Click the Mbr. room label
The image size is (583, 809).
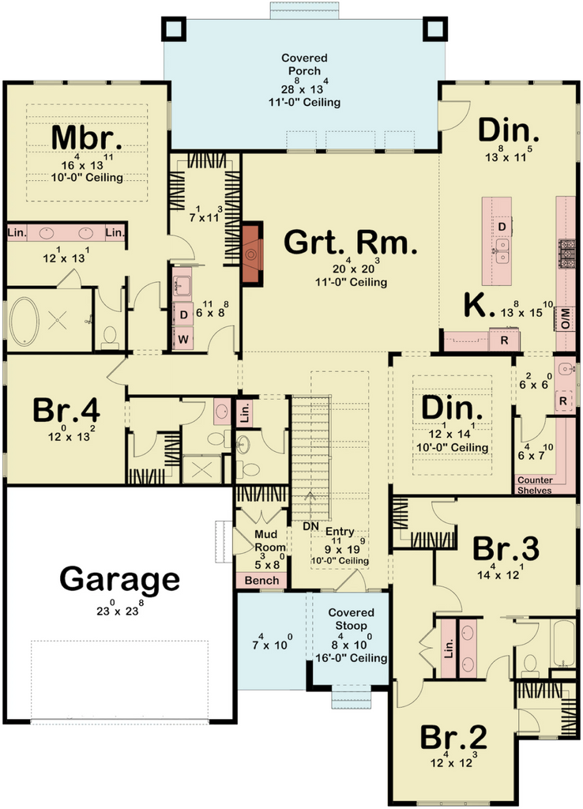coord(87,137)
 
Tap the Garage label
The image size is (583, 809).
coord(120,580)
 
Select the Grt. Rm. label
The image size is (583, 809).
coord(351,243)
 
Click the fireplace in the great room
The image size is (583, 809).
coord(252,254)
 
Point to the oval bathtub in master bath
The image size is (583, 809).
coord(24,321)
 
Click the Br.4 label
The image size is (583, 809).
coord(66,411)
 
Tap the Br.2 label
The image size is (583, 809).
coord(453,737)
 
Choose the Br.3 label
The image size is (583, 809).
coord(506,549)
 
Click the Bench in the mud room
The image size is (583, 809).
coord(261,581)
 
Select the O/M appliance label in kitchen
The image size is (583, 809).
coord(566,318)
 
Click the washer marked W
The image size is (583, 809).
coord(183,340)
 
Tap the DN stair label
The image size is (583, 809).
coord(310,526)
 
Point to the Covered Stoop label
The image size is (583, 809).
coord(351,619)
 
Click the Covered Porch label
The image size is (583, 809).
coord(304,65)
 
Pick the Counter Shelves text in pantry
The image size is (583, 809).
coord(535,485)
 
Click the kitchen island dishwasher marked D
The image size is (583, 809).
coord(502,227)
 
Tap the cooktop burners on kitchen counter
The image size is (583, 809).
coord(567,254)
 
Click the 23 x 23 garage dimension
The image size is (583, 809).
coord(120,610)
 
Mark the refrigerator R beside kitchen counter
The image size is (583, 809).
coord(504,341)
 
